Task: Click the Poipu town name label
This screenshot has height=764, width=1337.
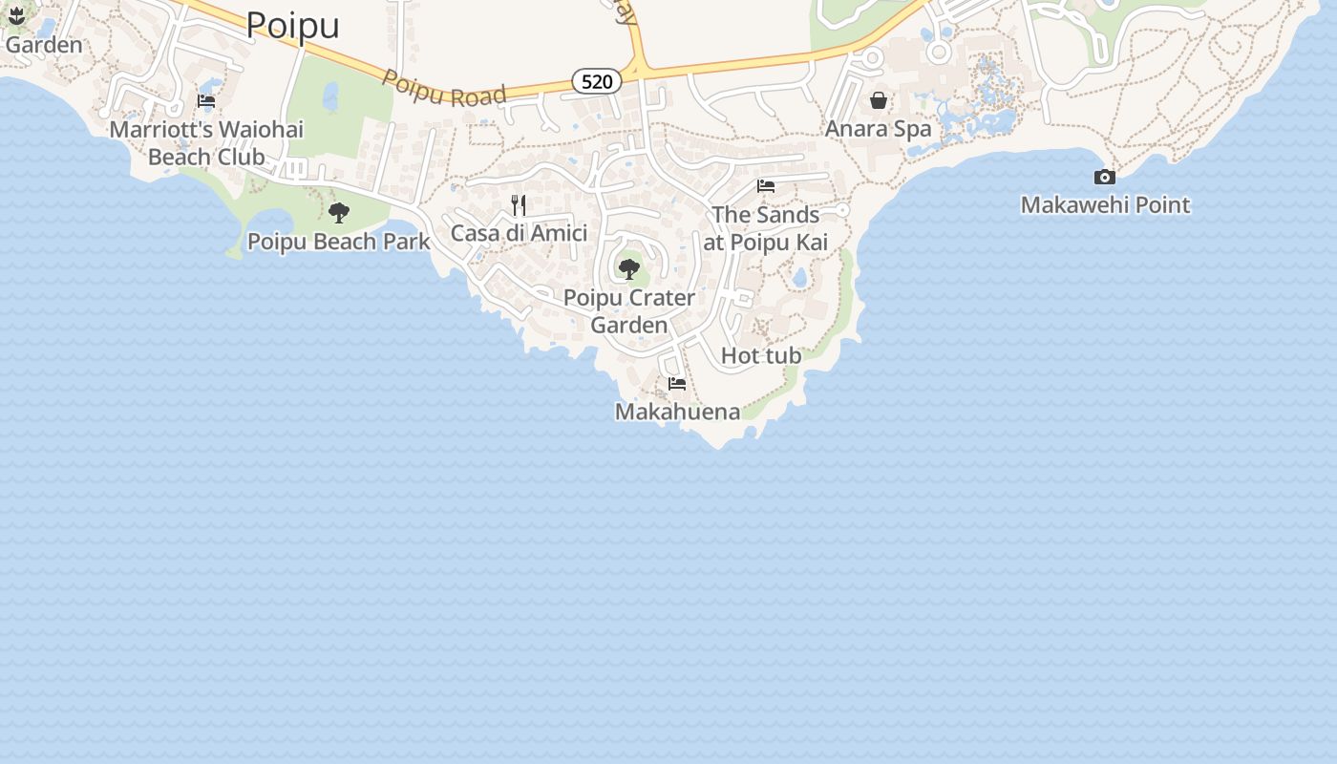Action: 292,26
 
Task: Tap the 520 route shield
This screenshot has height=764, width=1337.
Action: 597,82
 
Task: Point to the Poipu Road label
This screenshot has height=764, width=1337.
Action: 444,88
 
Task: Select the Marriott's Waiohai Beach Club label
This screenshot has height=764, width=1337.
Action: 206,142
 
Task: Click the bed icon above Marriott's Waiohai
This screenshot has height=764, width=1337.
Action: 206,101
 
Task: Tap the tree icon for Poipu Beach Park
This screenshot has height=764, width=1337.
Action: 338,213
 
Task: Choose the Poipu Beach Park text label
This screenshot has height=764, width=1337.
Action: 339,242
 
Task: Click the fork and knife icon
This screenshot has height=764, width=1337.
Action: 519,205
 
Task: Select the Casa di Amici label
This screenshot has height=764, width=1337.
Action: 519,233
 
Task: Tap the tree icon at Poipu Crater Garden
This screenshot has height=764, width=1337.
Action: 628,268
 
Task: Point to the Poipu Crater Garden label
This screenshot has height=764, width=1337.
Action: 628,311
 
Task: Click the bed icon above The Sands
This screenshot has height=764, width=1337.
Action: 765,186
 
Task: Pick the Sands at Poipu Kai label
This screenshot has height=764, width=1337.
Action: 765,228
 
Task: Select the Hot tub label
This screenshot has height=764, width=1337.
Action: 761,355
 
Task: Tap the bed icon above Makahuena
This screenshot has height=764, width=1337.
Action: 677,384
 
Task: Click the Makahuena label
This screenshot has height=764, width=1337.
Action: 677,412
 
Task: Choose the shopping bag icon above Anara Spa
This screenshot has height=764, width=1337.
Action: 878,100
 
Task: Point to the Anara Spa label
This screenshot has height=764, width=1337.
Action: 878,128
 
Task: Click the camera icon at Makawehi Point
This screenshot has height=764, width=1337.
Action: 1104,177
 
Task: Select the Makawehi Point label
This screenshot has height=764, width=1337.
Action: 1105,204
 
